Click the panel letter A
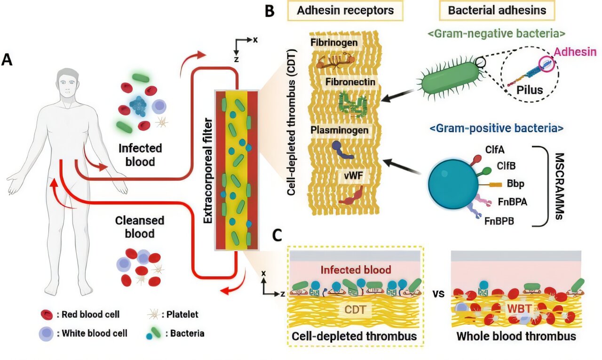point(8,60)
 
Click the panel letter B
point(269,11)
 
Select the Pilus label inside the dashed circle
point(530,90)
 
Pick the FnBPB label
point(499,220)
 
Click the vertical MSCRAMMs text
point(559,186)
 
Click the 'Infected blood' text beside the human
point(140,155)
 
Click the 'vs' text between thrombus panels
point(438,295)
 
